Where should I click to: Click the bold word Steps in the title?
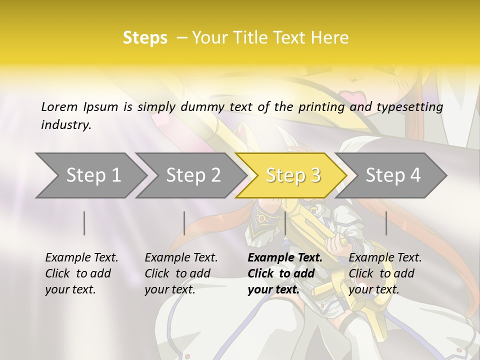[x=145, y=38]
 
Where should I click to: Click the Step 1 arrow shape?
[x=93, y=175]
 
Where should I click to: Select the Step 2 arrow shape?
[x=193, y=175]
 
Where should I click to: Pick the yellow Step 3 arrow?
[x=293, y=175]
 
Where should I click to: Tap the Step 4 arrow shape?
[x=393, y=175]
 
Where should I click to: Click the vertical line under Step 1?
[x=84, y=223]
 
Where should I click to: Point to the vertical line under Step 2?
[x=184, y=223]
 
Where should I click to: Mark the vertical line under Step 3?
[x=285, y=223]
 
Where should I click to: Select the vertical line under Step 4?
[x=386, y=223]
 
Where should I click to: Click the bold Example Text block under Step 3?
[x=285, y=273]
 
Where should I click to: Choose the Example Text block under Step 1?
[x=81, y=273]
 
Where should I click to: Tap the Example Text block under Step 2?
[x=181, y=273]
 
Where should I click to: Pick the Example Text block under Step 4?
[x=385, y=273]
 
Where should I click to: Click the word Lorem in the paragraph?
[x=59, y=106]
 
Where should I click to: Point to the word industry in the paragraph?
[x=66, y=125]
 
